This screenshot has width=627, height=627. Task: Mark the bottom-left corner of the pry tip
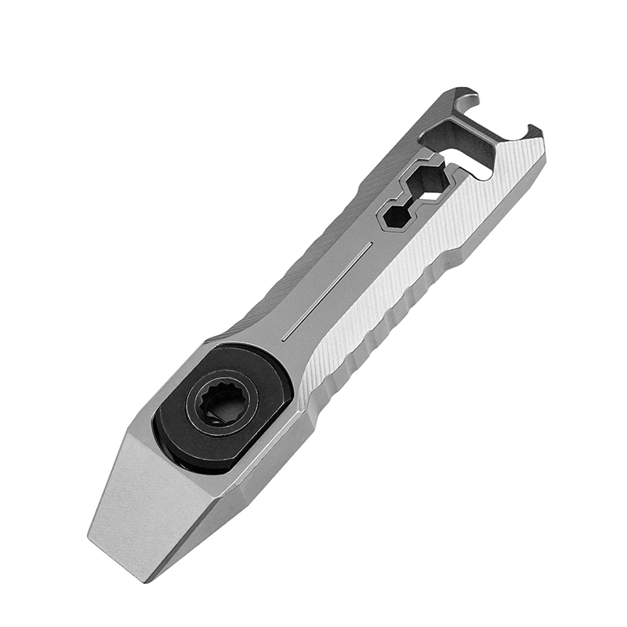click(88, 529)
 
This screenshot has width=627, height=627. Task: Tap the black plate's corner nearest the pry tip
click(169, 462)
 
